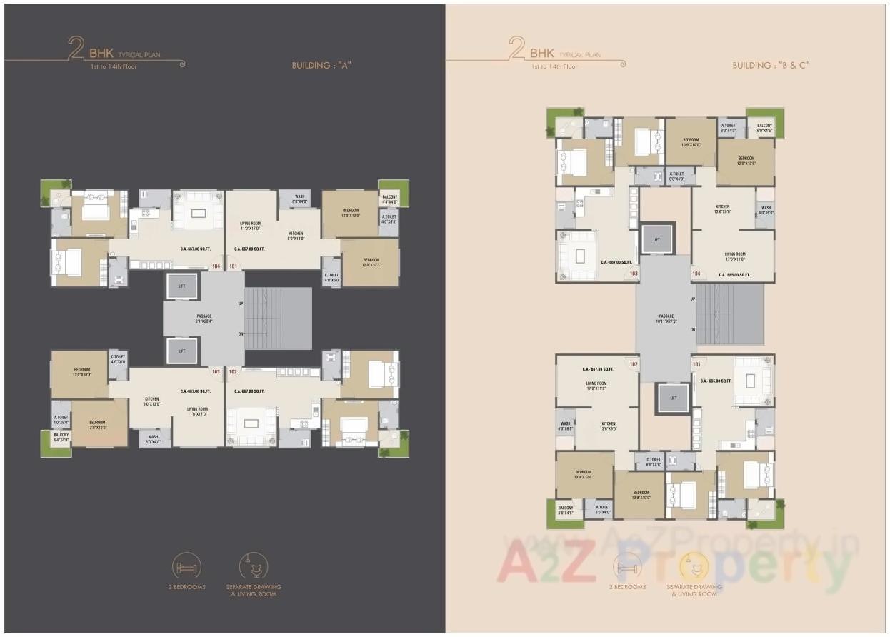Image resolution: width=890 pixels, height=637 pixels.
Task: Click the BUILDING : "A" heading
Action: pyautogui.click(x=321, y=65)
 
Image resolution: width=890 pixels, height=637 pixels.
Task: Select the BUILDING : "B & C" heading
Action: pyautogui.click(x=770, y=65)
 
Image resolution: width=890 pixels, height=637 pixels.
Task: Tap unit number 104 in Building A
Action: pyautogui.click(x=216, y=266)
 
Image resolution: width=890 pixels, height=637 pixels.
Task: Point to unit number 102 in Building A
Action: pyautogui.click(x=233, y=371)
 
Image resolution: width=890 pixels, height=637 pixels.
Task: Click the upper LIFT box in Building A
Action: pyautogui.click(x=181, y=286)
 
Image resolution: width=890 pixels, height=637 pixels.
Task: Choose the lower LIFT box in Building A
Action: pyautogui.click(x=181, y=351)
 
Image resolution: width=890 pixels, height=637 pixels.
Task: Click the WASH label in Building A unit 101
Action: pyautogui.click(x=300, y=199)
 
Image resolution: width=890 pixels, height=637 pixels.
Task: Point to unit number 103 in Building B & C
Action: pyautogui.click(x=633, y=273)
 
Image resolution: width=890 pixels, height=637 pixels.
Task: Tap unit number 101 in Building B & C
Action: pyautogui.click(x=696, y=363)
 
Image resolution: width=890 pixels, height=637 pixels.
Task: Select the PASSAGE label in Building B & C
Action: pyautogui.click(x=666, y=318)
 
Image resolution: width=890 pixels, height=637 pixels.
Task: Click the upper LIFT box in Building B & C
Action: pyautogui.click(x=656, y=239)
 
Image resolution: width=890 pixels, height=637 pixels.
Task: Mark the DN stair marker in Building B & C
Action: pyautogui.click(x=692, y=329)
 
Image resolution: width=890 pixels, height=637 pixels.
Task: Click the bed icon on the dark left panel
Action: pyautogui.click(x=186, y=568)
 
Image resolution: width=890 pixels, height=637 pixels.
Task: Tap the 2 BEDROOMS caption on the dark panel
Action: pyautogui.click(x=186, y=587)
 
